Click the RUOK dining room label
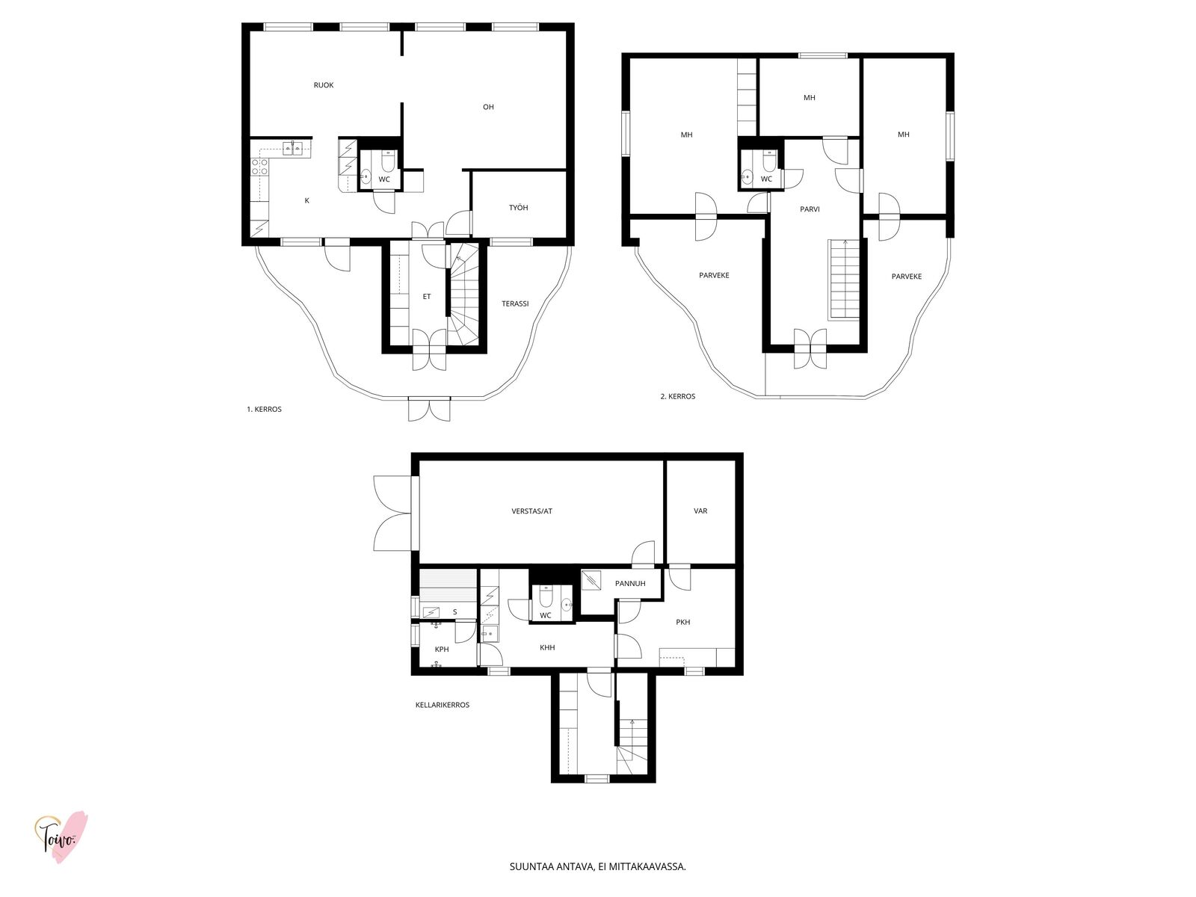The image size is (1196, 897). point(323,85)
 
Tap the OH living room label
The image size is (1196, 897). point(488,107)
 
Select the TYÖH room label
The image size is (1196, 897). point(518,208)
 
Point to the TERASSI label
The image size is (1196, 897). point(515,303)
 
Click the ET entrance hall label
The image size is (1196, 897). point(427,296)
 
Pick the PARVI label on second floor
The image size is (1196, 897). point(810,209)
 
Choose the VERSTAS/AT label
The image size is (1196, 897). point(531,511)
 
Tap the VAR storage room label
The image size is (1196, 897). point(700,511)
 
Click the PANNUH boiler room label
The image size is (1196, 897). point(630,583)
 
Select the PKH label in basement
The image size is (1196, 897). point(682,622)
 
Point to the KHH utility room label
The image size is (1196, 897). point(547,647)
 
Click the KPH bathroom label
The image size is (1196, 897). point(442,649)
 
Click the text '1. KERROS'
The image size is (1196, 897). point(265,409)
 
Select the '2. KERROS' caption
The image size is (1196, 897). point(678,396)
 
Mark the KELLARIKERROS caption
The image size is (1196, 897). point(443,705)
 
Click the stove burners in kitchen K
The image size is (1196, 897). point(259,167)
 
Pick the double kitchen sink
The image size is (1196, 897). point(292,147)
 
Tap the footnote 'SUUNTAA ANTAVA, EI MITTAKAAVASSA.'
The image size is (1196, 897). point(598,866)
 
